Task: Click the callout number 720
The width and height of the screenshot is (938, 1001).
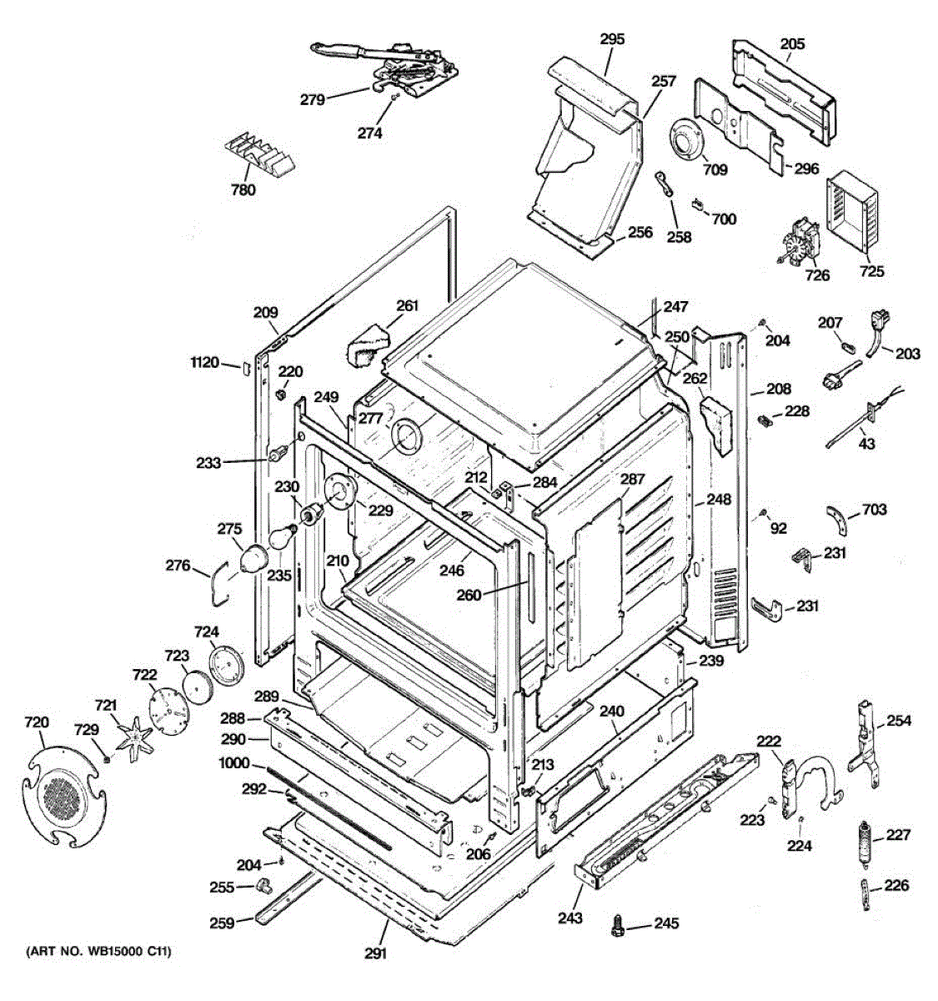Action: coord(37,722)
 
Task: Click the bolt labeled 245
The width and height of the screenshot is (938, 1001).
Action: coord(619,924)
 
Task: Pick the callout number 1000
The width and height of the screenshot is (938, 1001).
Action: coord(234,763)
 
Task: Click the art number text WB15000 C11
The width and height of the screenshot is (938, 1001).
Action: coord(98,952)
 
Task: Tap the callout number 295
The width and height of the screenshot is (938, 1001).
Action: coord(612,39)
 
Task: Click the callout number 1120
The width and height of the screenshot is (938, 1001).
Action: coord(204,362)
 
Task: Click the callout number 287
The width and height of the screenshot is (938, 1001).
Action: coord(633,480)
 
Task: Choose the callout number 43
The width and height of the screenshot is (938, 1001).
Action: coord(867,444)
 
